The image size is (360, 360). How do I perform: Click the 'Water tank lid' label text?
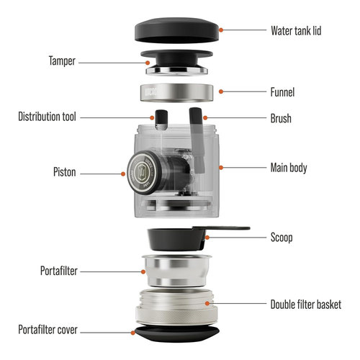tap(296, 31)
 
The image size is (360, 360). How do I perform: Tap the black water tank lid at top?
tap(177, 30)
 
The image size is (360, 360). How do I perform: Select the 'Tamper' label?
tap(62, 61)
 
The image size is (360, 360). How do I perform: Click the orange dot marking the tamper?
tap(148, 63)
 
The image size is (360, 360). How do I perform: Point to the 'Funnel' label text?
tap(282, 92)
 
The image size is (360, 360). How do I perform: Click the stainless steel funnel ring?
tap(176, 93)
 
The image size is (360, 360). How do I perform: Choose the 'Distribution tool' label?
tap(47, 117)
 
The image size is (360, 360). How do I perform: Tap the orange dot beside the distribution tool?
tap(152, 117)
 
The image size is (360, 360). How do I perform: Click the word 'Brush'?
tap(281, 118)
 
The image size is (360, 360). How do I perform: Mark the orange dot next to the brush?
tap(205, 117)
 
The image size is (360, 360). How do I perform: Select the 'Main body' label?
tap(289, 168)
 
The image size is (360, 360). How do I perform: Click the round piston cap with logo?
tap(142, 172)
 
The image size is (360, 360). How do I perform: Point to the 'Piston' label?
tap(65, 172)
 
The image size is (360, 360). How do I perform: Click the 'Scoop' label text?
tap(282, 238)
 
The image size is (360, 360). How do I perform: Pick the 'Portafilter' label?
tap(59, 271)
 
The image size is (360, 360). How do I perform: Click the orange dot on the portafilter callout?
tap(143, 272)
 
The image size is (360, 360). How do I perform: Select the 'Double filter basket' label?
tap(306, 305)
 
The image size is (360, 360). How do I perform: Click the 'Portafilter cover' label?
tap(48, 330)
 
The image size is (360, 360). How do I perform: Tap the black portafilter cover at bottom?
tap(177, 333)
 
